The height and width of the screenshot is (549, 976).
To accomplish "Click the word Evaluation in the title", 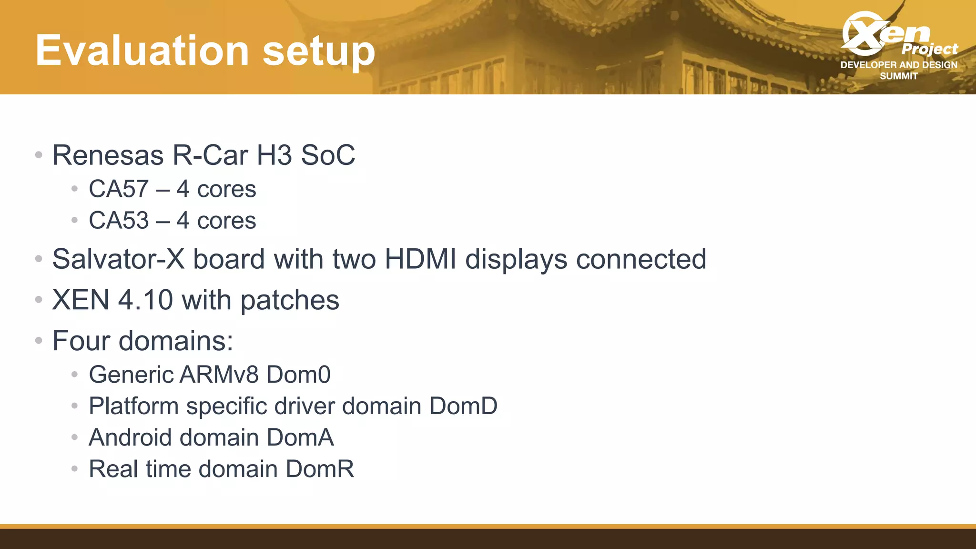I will pos(142,51).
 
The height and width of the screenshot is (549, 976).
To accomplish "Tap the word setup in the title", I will pos(318,51).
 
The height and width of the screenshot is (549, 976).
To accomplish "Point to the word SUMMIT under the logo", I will pos(899,76).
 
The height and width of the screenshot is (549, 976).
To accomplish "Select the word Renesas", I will pos(108,155).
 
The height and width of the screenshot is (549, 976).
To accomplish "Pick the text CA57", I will pos(119,189).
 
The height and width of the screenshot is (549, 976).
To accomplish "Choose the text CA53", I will pos(119,221).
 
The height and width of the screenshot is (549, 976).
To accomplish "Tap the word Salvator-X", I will pos(118,259).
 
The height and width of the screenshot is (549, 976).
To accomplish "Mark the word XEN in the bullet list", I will pos(81,300).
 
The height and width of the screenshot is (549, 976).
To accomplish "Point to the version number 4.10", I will pos(145,300).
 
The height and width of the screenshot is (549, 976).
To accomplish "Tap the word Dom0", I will pos(298,375).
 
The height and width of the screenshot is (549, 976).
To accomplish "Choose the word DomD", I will pos(463,406).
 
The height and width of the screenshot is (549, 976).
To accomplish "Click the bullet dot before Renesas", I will pos(39,155).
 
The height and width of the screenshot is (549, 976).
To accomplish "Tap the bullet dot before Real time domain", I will pos(74,469).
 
